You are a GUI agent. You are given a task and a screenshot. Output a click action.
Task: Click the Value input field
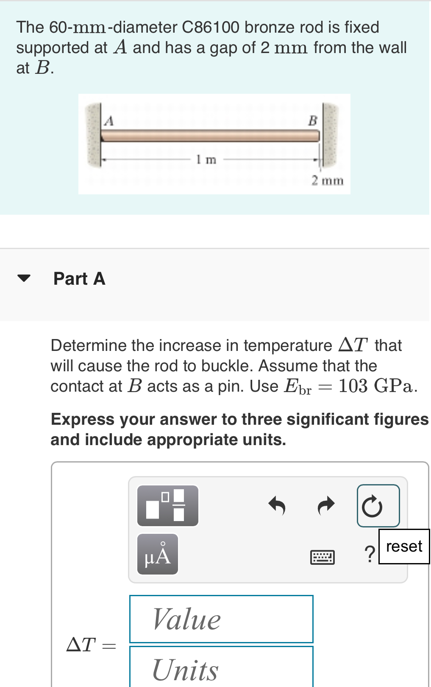(221, 619)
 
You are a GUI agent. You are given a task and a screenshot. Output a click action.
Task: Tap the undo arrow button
(277, 505)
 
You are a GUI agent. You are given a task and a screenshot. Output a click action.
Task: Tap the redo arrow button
(326, 505)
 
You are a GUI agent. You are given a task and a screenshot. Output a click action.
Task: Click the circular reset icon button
(378, 506)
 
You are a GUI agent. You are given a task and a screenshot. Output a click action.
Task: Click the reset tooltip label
(404, 547)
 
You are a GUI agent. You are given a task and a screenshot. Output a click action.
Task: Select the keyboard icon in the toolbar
(323, 557)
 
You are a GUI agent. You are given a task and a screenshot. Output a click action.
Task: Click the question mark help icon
(370, 554)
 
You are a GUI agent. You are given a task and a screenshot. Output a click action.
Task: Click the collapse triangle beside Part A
(24, 278)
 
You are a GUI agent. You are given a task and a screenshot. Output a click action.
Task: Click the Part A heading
(79, 278)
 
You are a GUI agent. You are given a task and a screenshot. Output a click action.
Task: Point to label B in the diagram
(312, 121)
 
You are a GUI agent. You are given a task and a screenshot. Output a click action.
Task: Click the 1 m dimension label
(206, 159)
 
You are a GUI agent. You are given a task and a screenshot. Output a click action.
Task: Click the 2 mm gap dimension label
(328, 180)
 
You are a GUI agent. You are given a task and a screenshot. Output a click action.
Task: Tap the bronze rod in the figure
(210, 135)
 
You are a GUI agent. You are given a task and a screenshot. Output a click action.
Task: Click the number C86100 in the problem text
(211, 27)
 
